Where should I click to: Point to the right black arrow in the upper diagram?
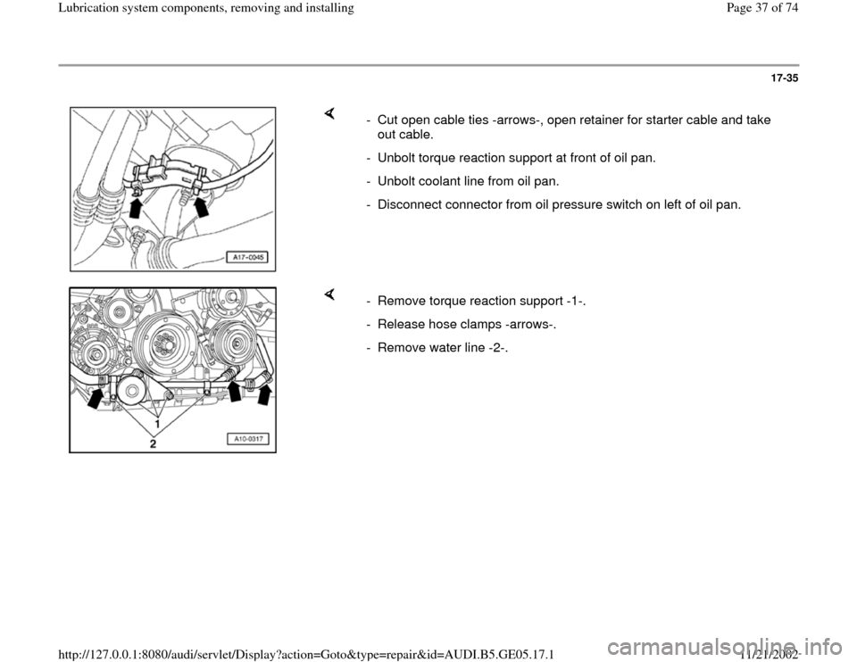pos(202,208)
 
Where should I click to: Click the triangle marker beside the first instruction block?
pos(329,113)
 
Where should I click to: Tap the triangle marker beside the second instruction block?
pos(329,294)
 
